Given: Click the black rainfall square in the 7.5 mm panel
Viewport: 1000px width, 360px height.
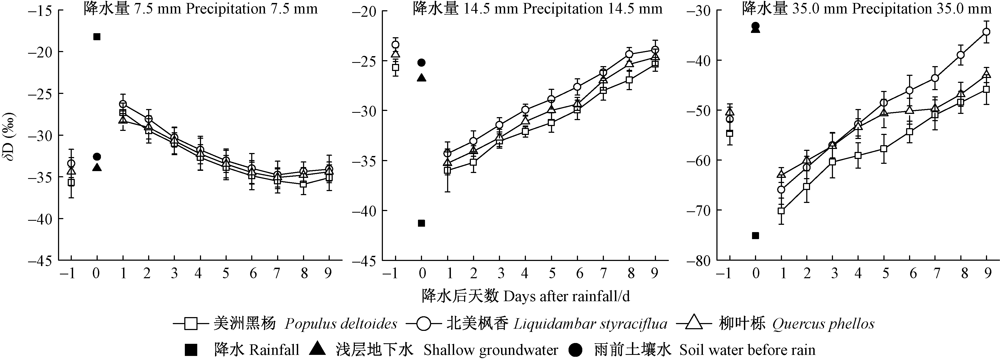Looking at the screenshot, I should (97, 37).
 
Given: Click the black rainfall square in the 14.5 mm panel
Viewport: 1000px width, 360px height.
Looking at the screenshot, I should (421, 223).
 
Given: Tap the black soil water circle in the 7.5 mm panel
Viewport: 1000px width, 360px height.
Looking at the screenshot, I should (97, 157).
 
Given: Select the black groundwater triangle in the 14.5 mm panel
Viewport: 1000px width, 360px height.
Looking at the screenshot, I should (421, 78).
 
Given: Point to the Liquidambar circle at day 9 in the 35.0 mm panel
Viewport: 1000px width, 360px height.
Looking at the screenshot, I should (986, 32).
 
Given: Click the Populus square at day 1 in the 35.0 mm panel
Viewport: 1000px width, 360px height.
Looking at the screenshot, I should (781, 211).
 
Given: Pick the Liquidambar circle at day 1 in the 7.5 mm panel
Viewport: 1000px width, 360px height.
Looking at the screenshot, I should (123, 104).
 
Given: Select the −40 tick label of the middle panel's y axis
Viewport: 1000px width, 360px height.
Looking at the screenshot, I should (364, 211).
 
